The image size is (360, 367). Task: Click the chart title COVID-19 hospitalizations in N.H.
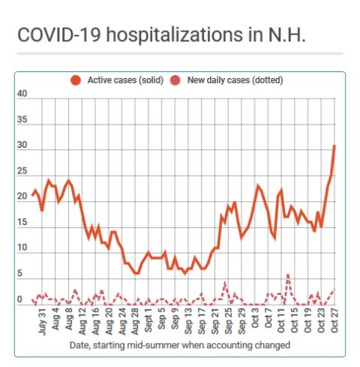pyautogui.click(x=161, y=35)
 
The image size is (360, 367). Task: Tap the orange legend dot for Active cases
pyautogui.click(x=76, y=80)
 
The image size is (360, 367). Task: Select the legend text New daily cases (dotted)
pyautogui.click(x=235, y=80)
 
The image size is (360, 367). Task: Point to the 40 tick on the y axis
pyautogui.click(x=22, y=94)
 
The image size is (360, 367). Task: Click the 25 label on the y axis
pyautogui.click(x=22, y=171)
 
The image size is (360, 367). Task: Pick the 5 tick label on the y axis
pyautogui.click(x=19, y=273)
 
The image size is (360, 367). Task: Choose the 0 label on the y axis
pyautogui.click(x=19, y=299)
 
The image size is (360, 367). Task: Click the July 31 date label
pyautogui.click(x=42, y=322)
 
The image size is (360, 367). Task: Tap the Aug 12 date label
pyautogui.click(x=82, y=322)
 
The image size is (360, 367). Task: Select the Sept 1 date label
pyautogui.click(x=148, y=321)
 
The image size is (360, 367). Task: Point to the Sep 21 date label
pyautogui.click(x=215, y=322)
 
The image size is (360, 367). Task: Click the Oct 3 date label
pyautogui.click(x=255, y=319)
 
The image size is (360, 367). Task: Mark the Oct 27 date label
pyautogui.click(x=334, y=321)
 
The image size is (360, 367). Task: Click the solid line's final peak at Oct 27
pyautogui.click(x=334, y=146)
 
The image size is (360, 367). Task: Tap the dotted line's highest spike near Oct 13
pyautogui.click(x=288, y=275)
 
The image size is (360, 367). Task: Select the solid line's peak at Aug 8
pyautogui.click(x=69, y=181)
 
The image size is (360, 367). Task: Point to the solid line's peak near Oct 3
pyautogui.click(x=258, y=185)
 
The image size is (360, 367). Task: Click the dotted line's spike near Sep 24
pyautogui.click(x=225, y=283)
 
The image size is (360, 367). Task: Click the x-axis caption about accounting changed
pyautogui.click(x=180, y=345)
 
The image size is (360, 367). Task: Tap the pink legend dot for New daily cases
pyautogui.click(x=175, y=80)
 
